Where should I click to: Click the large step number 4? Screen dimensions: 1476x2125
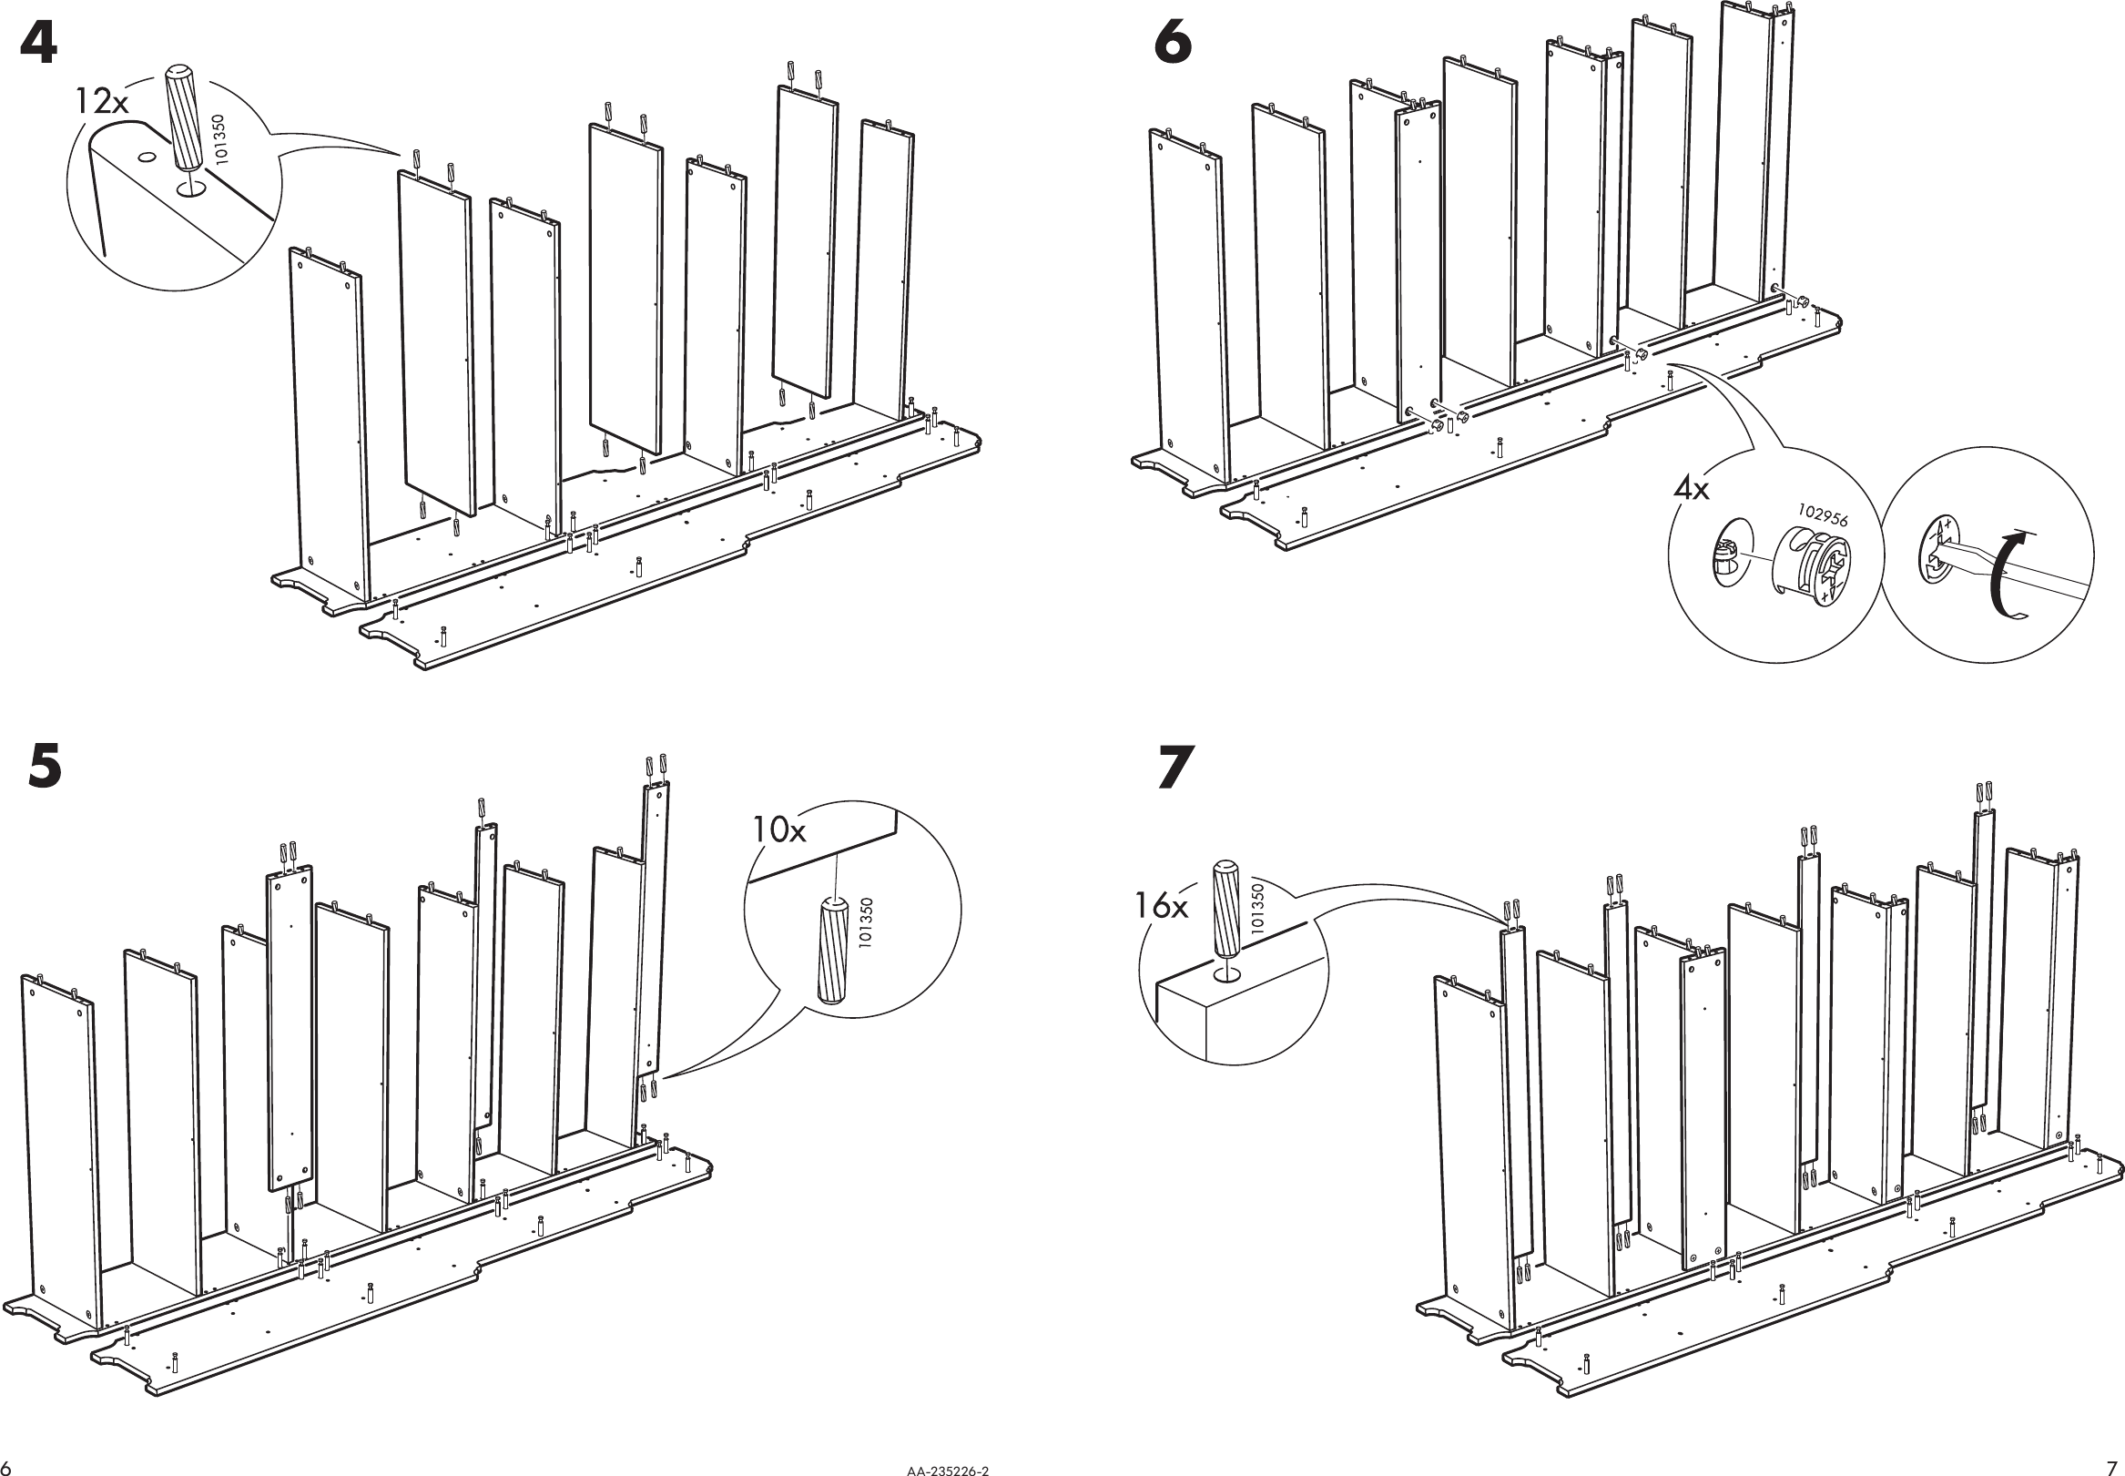38,46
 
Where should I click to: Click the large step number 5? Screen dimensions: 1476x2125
45,767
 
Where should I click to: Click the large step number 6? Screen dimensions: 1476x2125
1173,44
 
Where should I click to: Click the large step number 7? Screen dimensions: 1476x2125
1175,768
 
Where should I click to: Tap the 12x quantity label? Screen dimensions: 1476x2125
101,100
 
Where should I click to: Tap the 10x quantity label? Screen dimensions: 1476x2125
778,830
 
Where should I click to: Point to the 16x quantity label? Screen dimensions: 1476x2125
1162,906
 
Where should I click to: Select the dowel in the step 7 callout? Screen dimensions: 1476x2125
1225,910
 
